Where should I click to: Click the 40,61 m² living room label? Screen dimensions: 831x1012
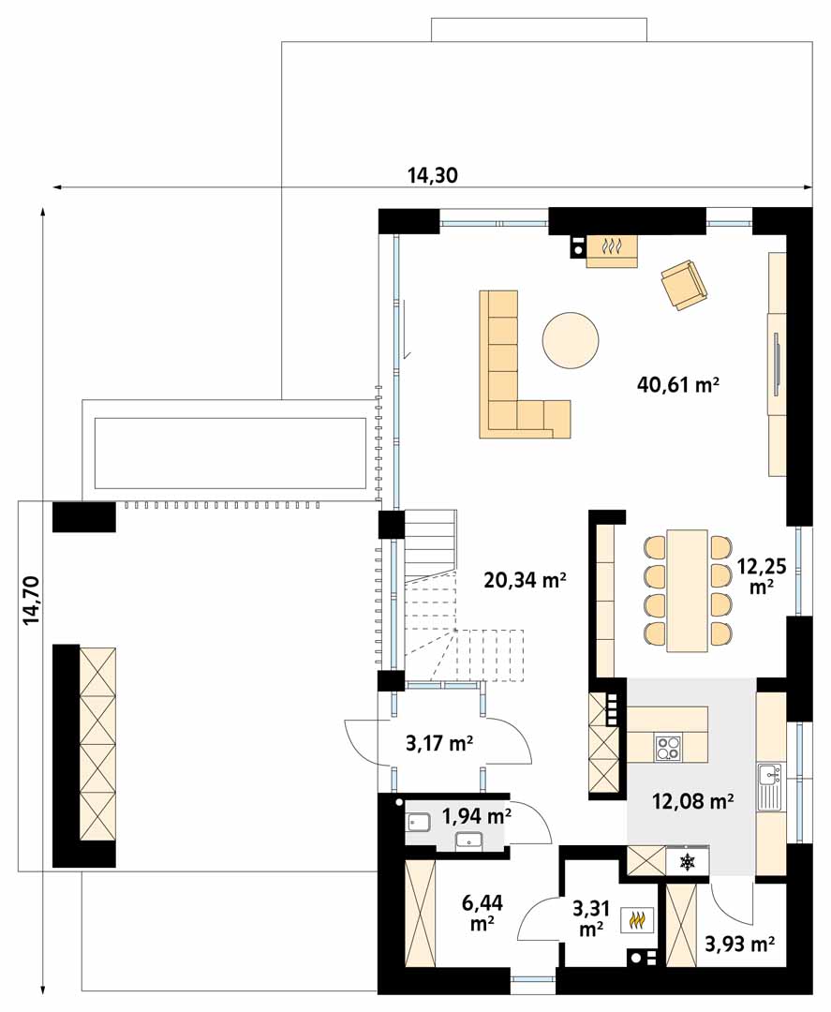click(677, 385)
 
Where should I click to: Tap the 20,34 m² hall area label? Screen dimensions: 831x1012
click(526, 580)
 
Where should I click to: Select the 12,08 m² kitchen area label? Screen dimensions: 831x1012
click(692, 801)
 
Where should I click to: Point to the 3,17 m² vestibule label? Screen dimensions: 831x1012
click(439, 743)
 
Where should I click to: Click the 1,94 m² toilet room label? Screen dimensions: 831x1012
click(477, 816)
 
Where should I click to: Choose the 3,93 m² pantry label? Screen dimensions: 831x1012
click(739, 945)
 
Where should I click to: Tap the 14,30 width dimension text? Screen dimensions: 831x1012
click(432, 175)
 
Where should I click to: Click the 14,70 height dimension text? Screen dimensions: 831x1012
click(31, 601)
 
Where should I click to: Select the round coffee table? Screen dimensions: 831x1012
click(571, 340)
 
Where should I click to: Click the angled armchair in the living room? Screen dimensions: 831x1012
click(684, 285)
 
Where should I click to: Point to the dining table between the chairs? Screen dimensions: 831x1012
click(688, 590)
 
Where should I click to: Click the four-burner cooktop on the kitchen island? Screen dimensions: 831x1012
click(669, 749)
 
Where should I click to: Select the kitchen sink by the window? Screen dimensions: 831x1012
click(770, 787)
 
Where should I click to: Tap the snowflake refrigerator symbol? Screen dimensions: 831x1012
click(688, 861)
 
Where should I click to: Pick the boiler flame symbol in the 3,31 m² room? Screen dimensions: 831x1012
click(637, 920)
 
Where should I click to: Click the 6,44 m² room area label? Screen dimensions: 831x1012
click(482, 913)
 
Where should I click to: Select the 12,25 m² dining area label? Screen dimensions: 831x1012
click(762, 576)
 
